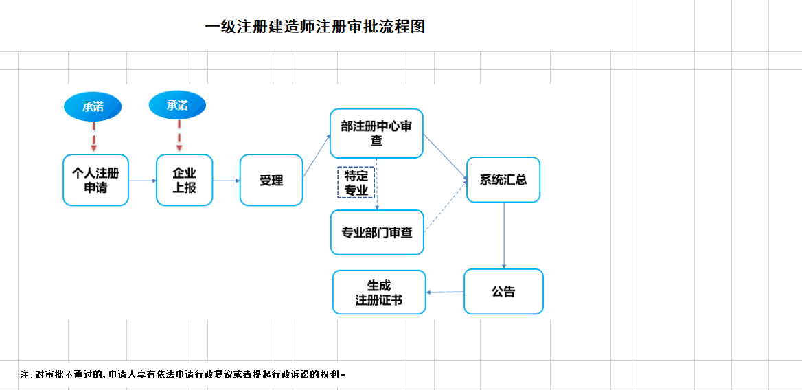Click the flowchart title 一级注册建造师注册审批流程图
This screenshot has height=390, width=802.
(x=315, y=27)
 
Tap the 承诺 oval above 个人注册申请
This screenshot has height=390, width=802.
(x=93, y=106)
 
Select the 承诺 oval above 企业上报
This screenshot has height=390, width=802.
(x=177, y=105)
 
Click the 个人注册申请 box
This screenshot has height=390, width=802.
(x=95, y=180)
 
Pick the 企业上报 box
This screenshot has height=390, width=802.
(x=184, y=180)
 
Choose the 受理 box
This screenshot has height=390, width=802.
(x=271, y=180)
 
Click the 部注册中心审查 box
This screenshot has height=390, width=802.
(x=376, y=133)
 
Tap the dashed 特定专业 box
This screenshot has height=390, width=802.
(x=356, y=182)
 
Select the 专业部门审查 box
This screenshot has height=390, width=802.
(x=377, y=232)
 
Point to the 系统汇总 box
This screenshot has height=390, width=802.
(x=503, y=180)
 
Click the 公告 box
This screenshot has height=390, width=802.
(x=503, y=292)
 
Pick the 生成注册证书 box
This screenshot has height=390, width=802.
(x=379, y=292)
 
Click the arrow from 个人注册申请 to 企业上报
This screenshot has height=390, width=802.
(x=142, y=181)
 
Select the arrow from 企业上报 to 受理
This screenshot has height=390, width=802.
(x=226, y=181)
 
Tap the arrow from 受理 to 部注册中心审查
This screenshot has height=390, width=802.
(x=316, y=157)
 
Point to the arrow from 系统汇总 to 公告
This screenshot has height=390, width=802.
(x=504, y=236)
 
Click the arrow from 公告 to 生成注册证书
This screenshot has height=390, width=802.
(x=445, y=292)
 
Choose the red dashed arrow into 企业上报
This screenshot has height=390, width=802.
(x=179, y=135)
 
